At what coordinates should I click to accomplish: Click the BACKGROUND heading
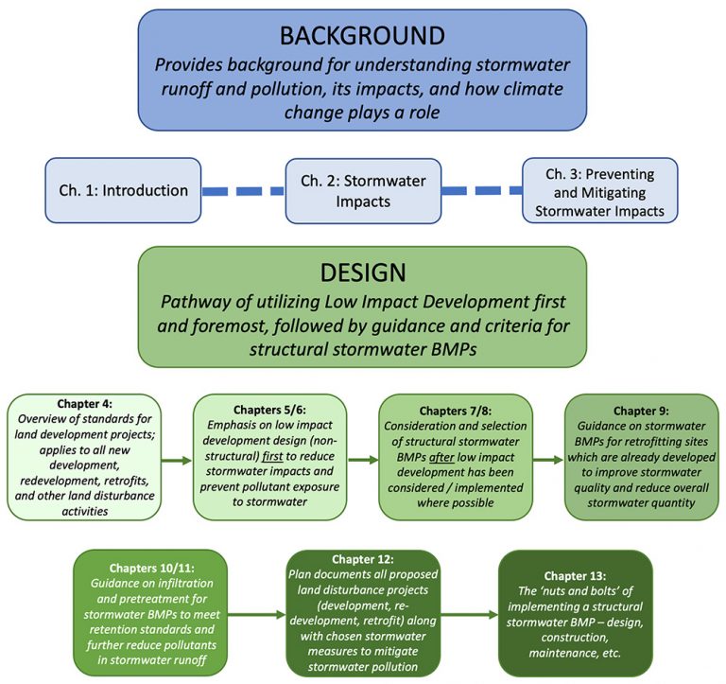pos(363,36)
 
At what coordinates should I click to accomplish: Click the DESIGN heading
pos(363,272)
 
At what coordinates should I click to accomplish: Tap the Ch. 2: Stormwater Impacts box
pos(363,190)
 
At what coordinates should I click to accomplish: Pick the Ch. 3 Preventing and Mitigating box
pos(599,190)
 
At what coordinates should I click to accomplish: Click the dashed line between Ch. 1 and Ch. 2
pos(244,190)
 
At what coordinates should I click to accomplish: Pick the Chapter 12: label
pos(363,559)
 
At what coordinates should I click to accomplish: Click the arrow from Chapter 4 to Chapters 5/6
pos(175,461)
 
